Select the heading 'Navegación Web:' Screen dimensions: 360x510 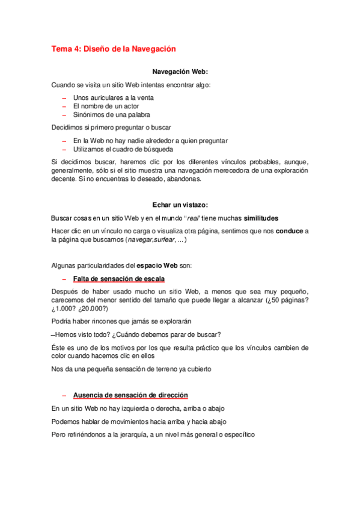180,72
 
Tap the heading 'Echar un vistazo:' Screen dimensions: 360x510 180,204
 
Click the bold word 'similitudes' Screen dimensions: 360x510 257,217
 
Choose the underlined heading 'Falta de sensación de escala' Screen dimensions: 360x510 118,279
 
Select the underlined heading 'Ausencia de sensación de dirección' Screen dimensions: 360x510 130,395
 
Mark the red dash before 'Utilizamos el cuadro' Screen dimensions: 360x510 64,149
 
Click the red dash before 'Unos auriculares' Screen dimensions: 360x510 64,97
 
